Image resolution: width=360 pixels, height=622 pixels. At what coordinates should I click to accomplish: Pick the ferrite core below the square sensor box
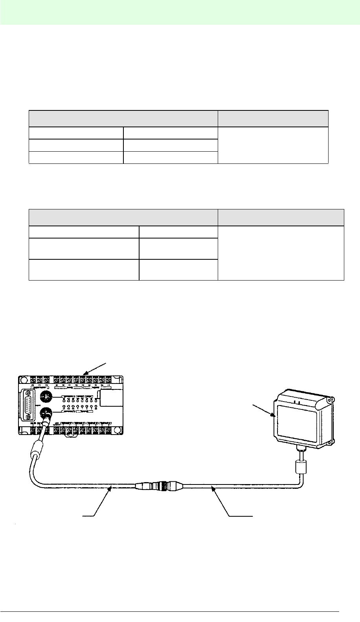point(300,468)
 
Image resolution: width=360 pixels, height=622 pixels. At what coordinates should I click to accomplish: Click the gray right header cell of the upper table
point(273,119)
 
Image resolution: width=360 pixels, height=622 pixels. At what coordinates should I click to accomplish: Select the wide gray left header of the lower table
point(123,218)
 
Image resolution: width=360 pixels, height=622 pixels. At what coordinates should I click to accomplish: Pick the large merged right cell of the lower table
point(281,253)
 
